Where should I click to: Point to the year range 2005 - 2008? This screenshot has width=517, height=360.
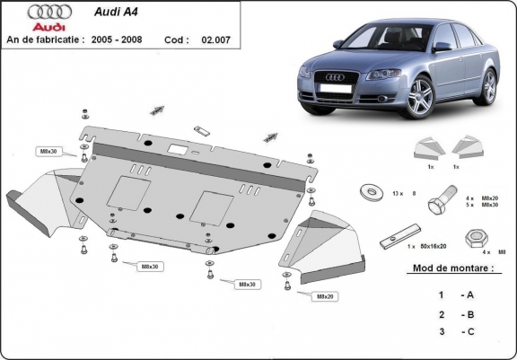121,40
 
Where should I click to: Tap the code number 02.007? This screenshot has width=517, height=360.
215,40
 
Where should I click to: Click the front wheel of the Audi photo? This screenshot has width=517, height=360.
419,100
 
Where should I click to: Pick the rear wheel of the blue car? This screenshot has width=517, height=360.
488,85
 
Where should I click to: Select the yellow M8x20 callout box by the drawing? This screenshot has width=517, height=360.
324,295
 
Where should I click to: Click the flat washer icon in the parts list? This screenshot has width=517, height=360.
367,192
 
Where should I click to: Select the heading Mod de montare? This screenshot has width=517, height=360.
453,268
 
